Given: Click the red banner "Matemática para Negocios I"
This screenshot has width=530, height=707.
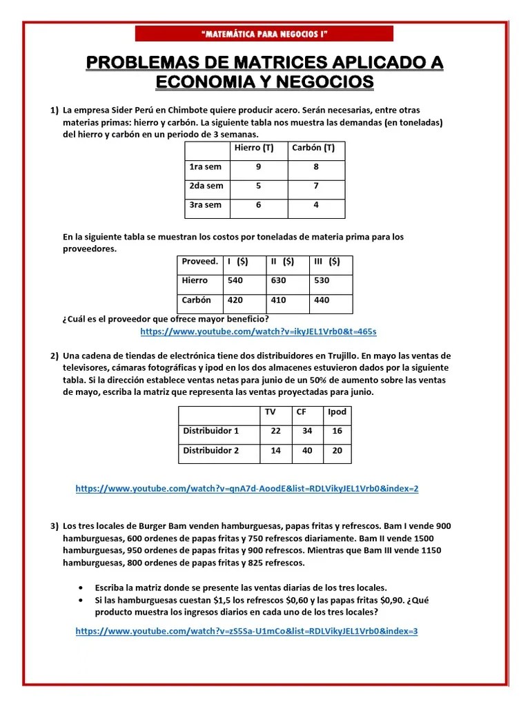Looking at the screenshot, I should (x=264, y=34).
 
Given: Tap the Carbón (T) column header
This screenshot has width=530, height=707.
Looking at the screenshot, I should (x=313, y=148).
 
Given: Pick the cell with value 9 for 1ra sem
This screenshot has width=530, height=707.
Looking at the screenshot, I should (x=258, y=167).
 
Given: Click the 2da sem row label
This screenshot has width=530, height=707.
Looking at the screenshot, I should (x=206, y=186).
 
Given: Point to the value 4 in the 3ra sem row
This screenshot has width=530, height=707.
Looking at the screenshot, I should (x=315, y=205).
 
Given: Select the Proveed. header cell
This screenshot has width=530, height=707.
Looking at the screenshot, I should (x=199, y=262).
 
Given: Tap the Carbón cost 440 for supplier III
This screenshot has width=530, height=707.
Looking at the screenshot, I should (x=322, y=300).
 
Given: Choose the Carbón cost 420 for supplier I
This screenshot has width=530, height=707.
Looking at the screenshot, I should (x=235, y=300).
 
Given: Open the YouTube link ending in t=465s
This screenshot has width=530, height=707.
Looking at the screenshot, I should (x=258, y=332).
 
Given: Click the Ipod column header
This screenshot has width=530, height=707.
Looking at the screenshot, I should (x=337, y=412).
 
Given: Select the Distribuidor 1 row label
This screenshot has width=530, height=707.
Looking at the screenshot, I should (x=210, y=432).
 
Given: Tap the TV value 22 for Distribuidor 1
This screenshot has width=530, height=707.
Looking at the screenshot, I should (x=276, y=432).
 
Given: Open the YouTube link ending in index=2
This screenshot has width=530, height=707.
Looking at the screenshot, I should (x=246, y=489).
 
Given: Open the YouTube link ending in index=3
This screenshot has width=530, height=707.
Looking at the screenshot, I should (x=246, y=631).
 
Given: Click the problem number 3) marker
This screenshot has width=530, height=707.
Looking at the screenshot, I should (x=54, y=526).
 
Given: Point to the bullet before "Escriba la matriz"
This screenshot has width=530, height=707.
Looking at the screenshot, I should (x=81, y=587).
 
